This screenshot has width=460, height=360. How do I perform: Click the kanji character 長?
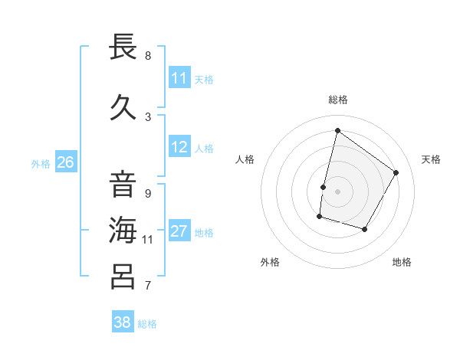(x=123, y=47)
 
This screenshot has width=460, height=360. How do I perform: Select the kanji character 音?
(x=123, y=184)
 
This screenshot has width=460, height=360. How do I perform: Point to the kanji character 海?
(x=123, y=229)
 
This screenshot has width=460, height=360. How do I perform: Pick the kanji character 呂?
(x=123, y=275)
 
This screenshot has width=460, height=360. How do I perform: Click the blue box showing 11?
(x=179, y=78)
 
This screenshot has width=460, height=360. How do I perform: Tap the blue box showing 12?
(x=179, y=147)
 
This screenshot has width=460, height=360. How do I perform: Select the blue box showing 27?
(x=179, y=232)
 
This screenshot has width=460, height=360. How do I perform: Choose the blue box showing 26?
(x=66, y=162)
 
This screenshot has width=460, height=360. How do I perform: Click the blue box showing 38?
(x=123, y=322)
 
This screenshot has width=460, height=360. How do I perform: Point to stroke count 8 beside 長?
(x=148, y=56)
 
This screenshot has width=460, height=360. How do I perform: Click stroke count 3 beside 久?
(x=148, y=116)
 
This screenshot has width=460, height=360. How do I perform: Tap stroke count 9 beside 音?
(x=148, y=194)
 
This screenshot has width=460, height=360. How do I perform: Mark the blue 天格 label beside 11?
(x=204, y=79)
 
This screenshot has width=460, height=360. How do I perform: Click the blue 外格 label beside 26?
(x=40, y=163)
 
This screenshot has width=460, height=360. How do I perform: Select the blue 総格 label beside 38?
(x=147, y=324)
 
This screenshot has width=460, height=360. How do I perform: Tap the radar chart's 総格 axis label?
(x=337, y=100)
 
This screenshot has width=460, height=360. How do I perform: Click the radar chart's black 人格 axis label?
(x=245, y=159)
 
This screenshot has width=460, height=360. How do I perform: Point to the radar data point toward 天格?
(x=396, y=172)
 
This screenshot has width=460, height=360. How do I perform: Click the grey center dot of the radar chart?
(x=337, y=191)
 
